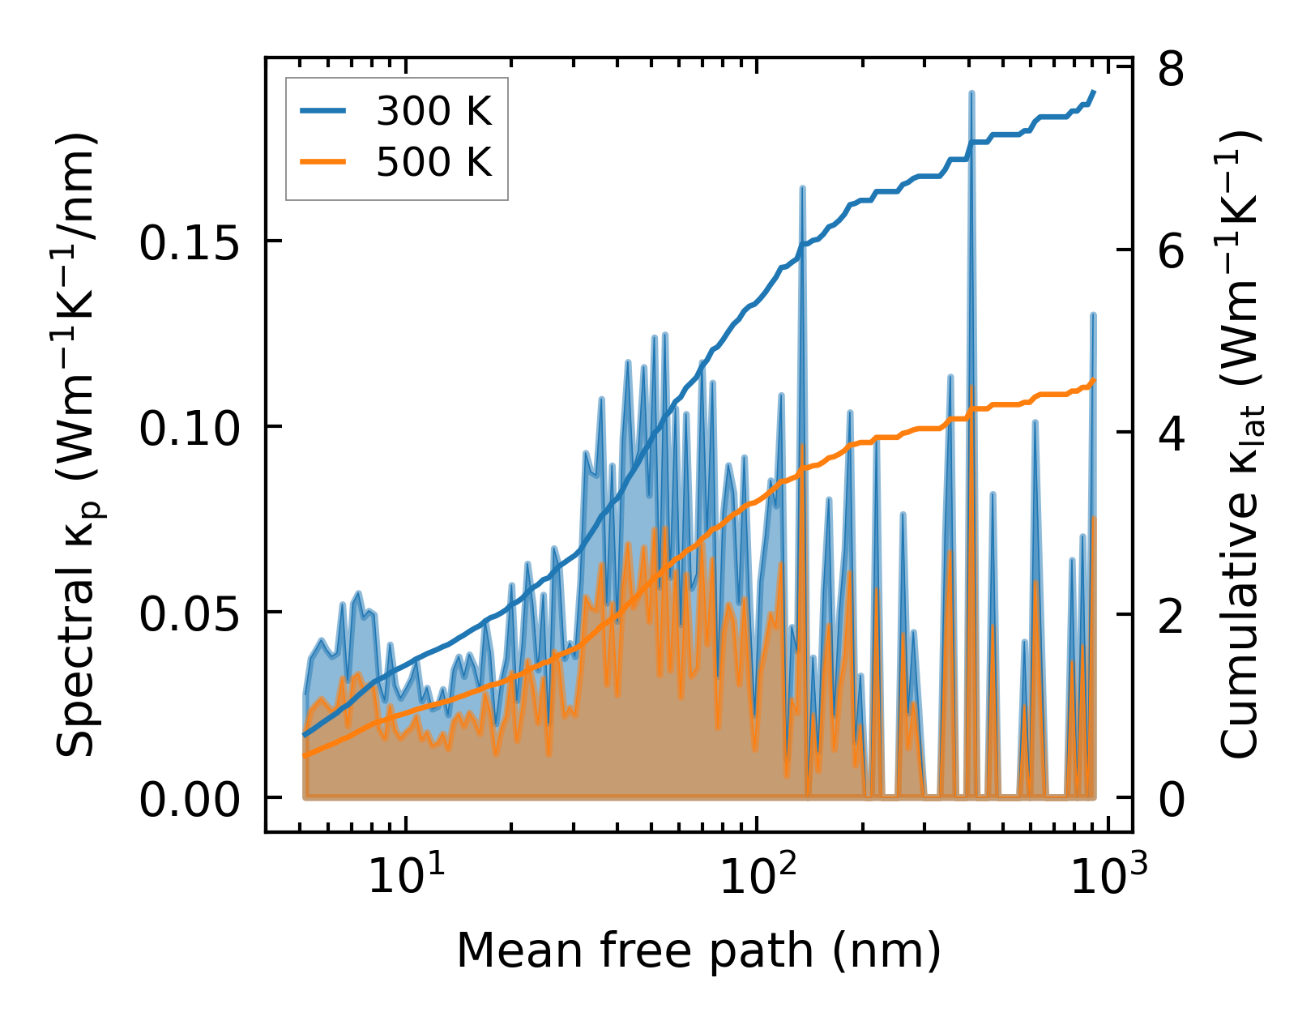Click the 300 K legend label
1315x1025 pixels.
[x=433, y=112]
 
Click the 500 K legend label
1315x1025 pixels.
[x=433, y=162]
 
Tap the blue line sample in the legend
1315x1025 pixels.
[x=323, y=112]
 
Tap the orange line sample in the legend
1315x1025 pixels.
[x=323, y=162]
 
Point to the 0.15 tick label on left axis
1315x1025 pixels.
[x=180, y=242]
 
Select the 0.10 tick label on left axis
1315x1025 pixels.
[x=180, y=428]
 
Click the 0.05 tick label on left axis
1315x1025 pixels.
[x=180, y=613]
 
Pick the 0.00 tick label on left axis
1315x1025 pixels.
[x=180, y=800]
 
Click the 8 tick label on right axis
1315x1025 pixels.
[x=1172, y=70]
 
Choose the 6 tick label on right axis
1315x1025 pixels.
[x=1172, y=252]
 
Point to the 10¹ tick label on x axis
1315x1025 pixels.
[x=406, y=876]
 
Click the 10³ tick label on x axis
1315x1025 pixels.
[x=1108, y=876]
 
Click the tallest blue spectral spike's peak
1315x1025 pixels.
[x=971, y=94]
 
